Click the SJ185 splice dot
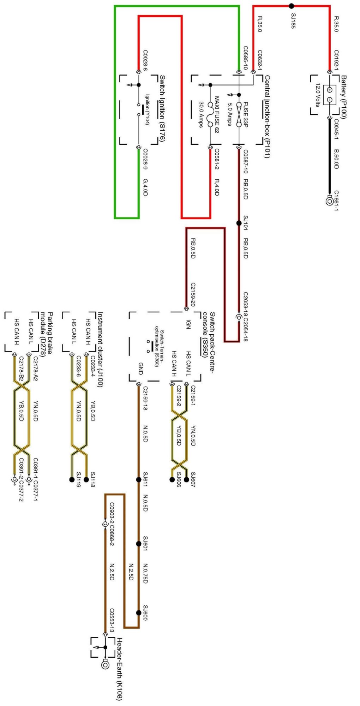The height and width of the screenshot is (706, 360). tap(292, 6)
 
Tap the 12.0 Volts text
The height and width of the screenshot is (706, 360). tap(317, 95)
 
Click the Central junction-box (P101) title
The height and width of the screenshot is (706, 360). tap(268, 116)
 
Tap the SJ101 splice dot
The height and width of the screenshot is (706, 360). tap(239, 223)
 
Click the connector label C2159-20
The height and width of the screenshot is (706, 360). tap(193, 294)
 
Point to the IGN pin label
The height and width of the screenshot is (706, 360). tap(188, 324)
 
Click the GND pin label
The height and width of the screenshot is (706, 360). tap(140, 368)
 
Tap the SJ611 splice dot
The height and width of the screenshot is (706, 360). tap(139, 480)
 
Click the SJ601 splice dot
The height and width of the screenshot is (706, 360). tap(139, 544)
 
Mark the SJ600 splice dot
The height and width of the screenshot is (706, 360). tap(139, 613)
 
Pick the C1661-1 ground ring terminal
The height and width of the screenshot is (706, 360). tap(329, 201)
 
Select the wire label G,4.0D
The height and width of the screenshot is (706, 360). tap(145, 187)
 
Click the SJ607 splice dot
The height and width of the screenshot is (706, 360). tap(186, 479)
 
